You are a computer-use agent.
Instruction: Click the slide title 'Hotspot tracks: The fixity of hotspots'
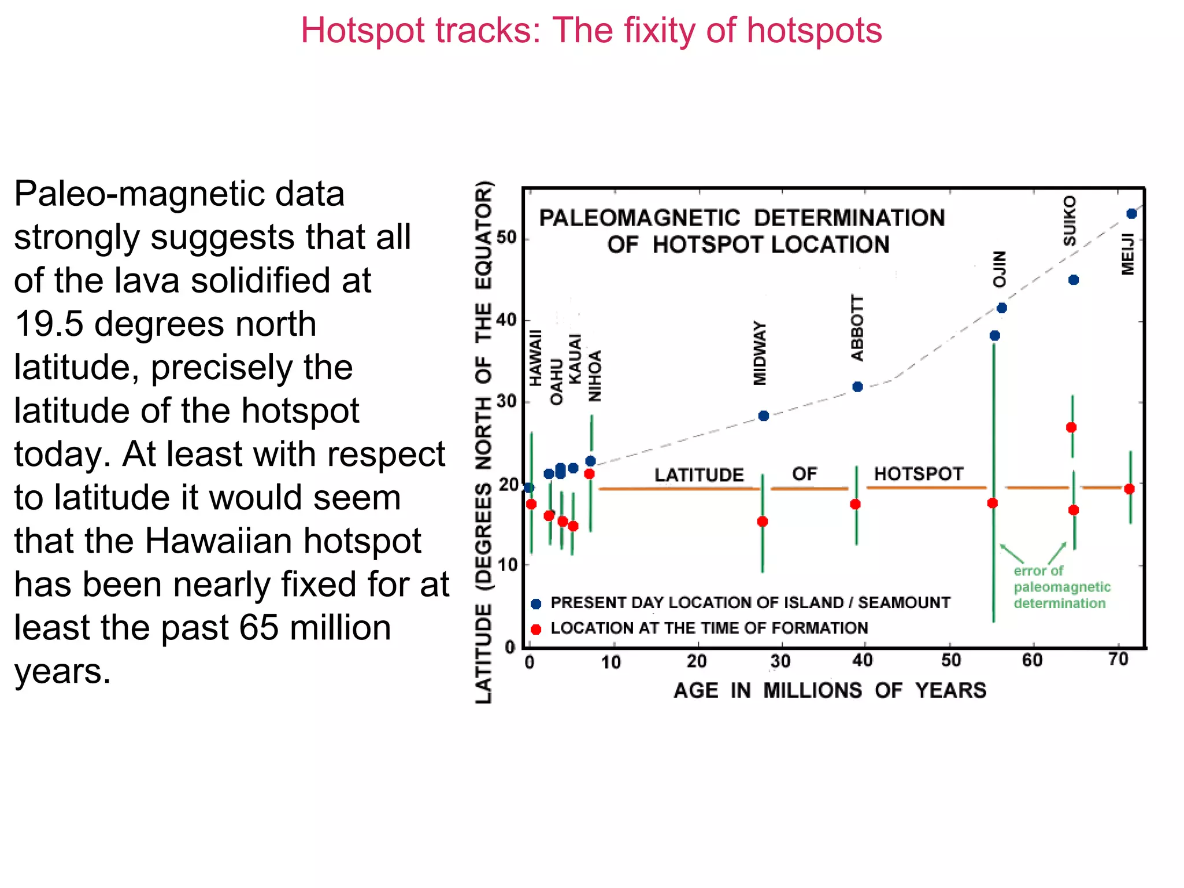tap(591, 30)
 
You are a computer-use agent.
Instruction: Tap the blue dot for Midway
tap(763, 416)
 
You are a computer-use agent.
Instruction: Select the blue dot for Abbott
tap(857, 386)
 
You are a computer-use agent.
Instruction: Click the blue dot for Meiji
tap(1131, 214)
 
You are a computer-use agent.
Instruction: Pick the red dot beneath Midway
tap(762, 521)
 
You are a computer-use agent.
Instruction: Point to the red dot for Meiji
tap(1129, 489)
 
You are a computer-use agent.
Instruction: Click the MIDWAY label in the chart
tap(760, 353)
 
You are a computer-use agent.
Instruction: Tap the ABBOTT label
tap(857, 328)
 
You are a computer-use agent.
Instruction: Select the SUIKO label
tap(1070, 221)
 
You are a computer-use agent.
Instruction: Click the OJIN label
tap(1000, 269)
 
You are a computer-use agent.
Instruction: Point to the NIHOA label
tap(595, 376)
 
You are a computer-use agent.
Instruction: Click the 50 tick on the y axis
tap(506, 238)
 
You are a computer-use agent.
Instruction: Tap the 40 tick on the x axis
tap(862, 660)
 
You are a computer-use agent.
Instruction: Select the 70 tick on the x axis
tap(1119, 659)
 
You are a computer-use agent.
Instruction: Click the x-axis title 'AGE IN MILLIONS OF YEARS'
tap(830, 690)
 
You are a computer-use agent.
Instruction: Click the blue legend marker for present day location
tap(536, 604)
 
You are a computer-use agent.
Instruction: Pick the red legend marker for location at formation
tap(536, 629)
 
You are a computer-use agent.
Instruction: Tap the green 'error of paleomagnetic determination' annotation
tap(1061, 587)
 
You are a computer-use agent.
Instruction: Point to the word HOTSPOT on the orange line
tap(918, 474)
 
